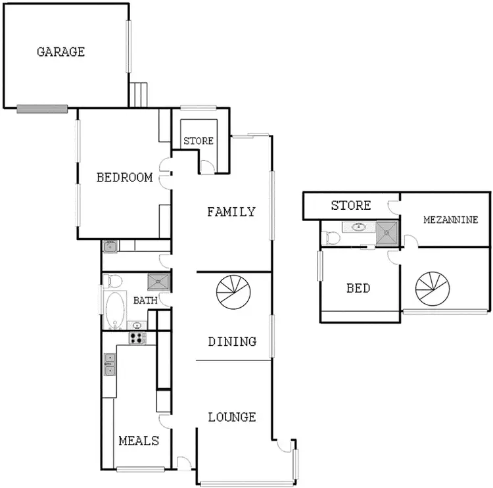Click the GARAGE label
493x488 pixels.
tap(60, 51)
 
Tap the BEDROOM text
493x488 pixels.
tap(124, 177)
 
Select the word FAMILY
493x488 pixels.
tap(231, 212)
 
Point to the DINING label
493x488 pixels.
tap(232, 341)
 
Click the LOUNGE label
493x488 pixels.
tap(232, 417)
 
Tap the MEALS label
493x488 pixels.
tap(139, 440)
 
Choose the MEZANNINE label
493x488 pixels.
tap(450, 220)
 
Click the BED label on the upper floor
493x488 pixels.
tap(358, 288)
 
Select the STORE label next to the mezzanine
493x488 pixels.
tap(350, 206)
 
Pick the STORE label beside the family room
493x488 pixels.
tap(199, 141)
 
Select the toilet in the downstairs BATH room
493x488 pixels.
tap(114, 281)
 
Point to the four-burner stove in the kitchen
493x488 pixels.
tap(137, 338)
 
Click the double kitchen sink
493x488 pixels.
tap(109, 364)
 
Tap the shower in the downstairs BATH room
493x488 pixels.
tap(158, 282)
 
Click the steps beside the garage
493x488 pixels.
tap(139, 95)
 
